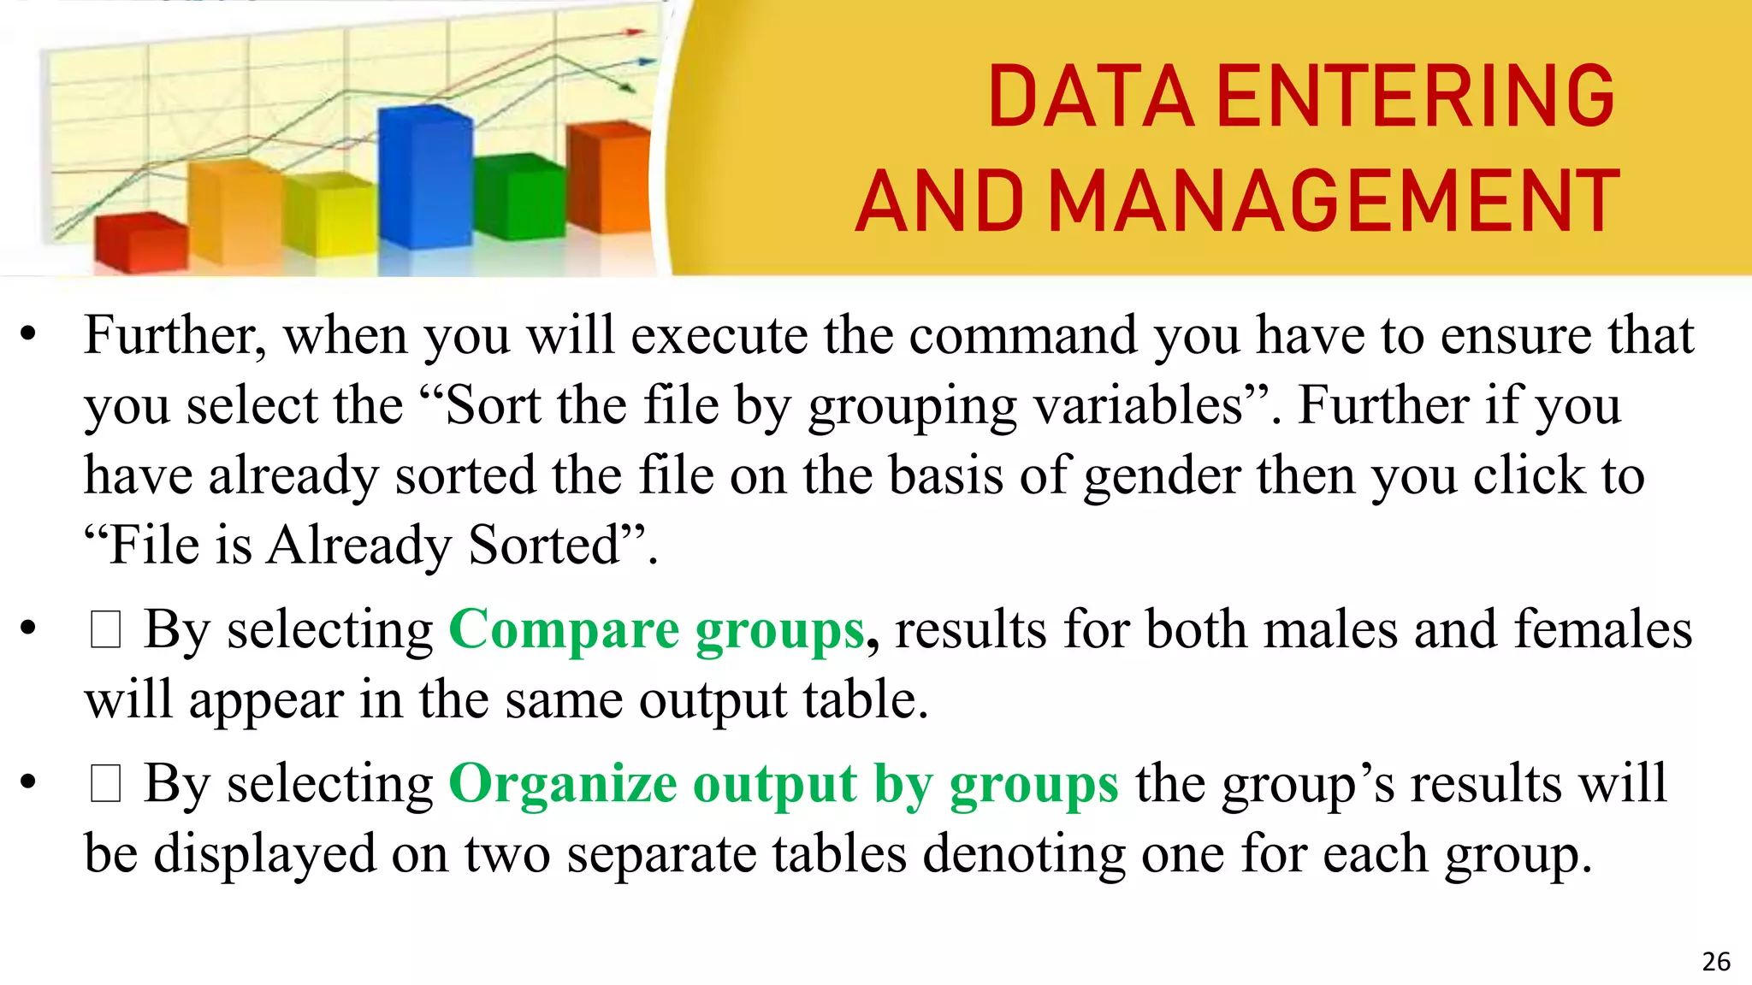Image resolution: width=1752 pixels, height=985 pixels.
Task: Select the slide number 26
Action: coord(1716,962)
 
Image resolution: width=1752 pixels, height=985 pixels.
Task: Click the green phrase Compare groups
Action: coord(656,631)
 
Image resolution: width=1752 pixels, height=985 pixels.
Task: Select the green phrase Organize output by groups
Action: coord(783,783)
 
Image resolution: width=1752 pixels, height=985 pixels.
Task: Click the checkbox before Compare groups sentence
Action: coord(105,631)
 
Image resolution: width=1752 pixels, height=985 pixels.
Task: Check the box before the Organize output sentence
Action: coord(105,784)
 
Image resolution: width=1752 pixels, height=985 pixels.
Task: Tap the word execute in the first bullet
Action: coord(719,335)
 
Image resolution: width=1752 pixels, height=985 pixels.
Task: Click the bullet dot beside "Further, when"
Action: coord(28,335)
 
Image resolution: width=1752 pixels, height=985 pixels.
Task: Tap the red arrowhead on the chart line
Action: coord(635,32)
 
